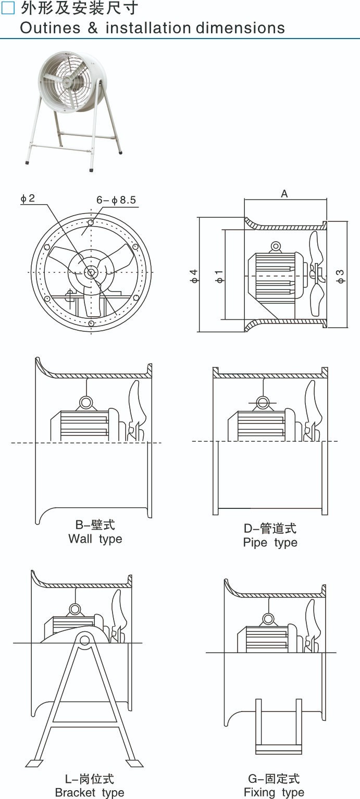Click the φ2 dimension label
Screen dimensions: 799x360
click(28, 198)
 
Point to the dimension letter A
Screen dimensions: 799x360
click(284, 194)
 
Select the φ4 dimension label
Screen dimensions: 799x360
click(194, 276)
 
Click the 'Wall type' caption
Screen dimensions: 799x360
click(95, 539)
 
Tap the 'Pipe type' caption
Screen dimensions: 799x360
click(270, 542)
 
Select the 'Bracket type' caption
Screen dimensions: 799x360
click(89, 793)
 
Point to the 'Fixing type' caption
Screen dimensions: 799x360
click(274, 792)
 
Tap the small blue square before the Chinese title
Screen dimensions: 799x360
click(8, 8)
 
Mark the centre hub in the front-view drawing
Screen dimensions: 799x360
click(91, 272)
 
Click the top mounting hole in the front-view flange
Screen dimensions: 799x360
click(91, 222)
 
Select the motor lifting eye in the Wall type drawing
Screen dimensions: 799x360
click(86, 402)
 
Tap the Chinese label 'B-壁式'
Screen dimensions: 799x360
click(95, 525)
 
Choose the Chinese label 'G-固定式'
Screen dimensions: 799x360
click(274, 779)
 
